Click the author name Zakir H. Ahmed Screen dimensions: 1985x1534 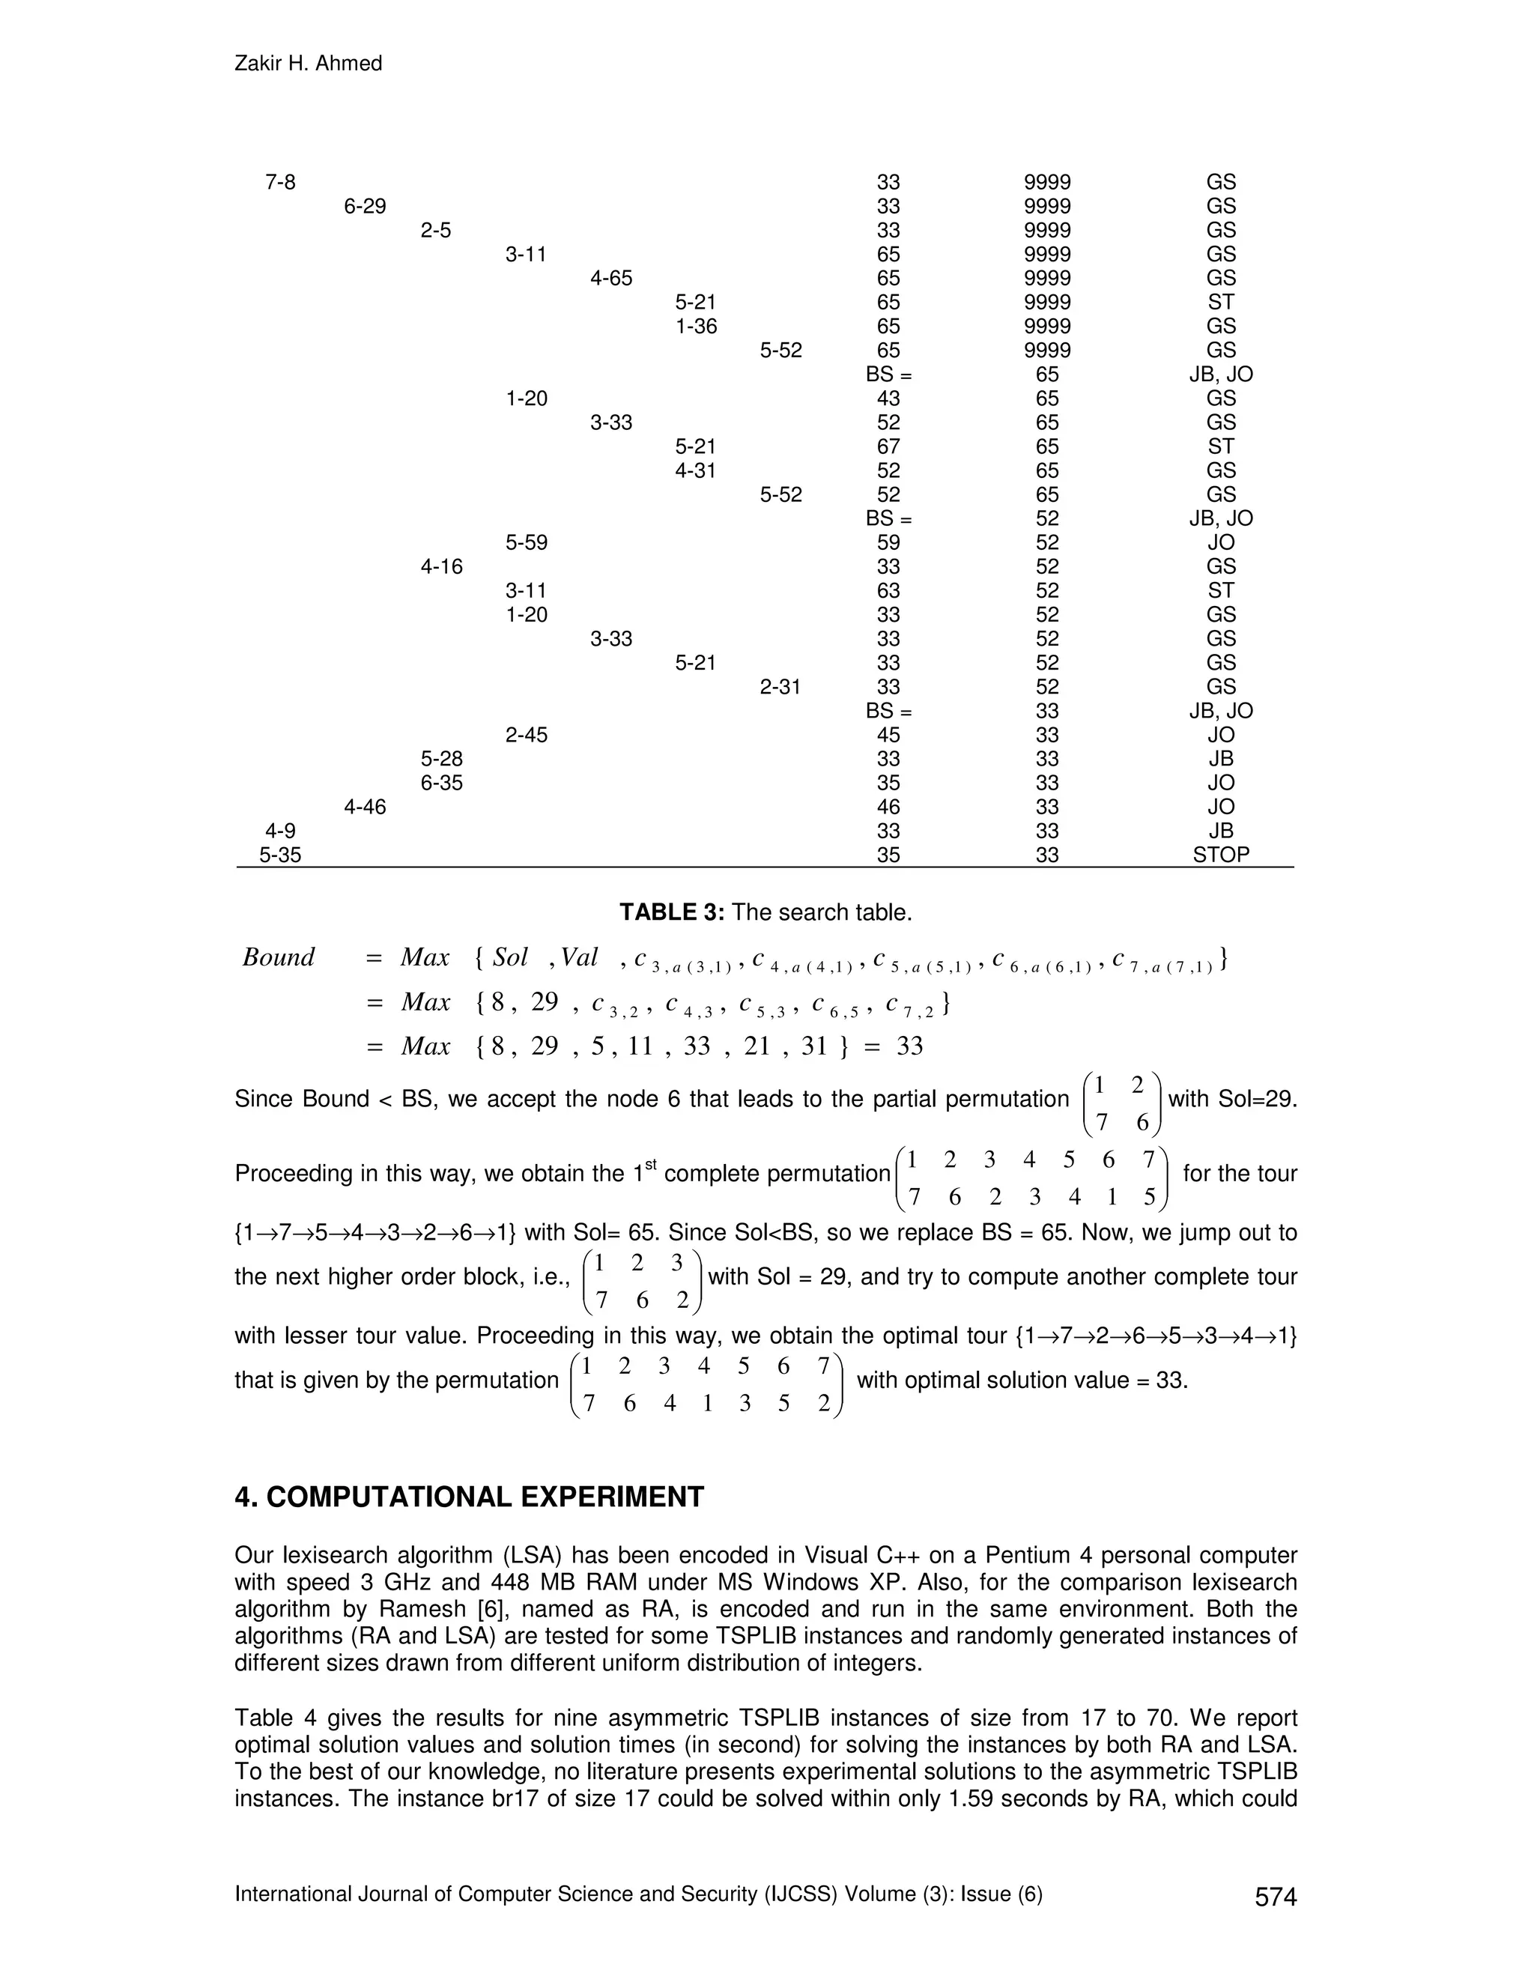click(x=308, y=64)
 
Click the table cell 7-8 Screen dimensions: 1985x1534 click(x=280, y=183)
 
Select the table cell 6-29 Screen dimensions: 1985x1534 click(x=365, y=206)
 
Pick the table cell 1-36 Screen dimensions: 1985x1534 click(x=696, y=327)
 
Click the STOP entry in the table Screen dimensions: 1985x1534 click(x=1220, y=855)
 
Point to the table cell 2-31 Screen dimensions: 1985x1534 click(x=780, y=686)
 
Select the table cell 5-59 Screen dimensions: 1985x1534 click(x=526, y=542)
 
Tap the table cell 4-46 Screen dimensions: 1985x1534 click(x=365, y=806)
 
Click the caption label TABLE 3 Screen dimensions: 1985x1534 click(x=670, y=912)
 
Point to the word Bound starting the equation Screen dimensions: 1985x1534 click(x=278, y=957)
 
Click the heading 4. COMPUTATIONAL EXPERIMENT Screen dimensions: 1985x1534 click(x=469, y=1497)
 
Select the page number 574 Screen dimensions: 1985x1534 click(x=1275, y=1897)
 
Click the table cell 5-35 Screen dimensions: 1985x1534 click(x=280, y=855)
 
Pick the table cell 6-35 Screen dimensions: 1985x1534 click(x=442, y=783)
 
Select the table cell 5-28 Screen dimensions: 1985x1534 click(x=442, y=758)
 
